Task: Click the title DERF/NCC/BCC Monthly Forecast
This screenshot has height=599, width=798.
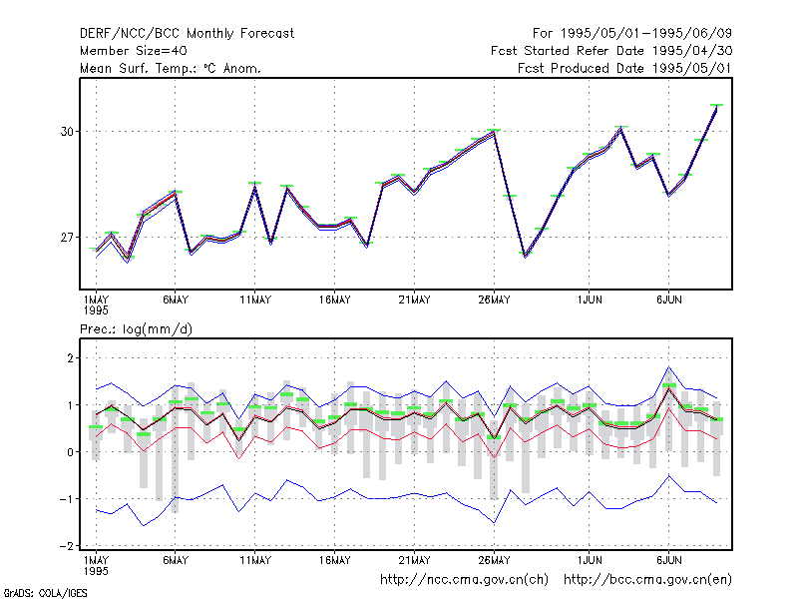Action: point(187,34)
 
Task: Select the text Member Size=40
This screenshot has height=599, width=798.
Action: point(134,51)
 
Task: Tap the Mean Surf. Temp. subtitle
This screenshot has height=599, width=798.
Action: point(170,68)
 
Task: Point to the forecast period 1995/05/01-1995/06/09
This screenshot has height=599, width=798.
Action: point(632,34)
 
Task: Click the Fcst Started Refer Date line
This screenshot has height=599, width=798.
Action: point(611,51)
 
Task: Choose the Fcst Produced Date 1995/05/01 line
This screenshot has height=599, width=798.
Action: point(625,68)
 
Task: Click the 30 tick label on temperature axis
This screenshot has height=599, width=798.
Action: point(67,132)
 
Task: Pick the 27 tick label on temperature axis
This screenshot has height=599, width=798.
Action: point(67,238)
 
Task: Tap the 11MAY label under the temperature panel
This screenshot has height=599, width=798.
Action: point(255,300)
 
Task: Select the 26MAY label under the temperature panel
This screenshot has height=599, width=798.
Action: point(494,300)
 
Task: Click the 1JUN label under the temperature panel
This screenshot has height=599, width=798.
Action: point(590,300)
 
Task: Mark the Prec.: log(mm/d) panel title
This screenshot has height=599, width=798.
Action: point(136,329)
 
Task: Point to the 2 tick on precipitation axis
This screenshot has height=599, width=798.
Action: point(70,358)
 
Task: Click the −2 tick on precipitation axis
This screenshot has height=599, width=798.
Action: point(67,546)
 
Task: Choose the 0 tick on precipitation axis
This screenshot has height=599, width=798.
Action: point(70,452)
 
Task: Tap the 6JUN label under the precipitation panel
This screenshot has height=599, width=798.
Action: point(668,560)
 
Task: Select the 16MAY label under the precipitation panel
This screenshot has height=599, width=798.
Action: point(334,560)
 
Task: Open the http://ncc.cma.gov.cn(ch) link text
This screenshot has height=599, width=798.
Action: point(464,580)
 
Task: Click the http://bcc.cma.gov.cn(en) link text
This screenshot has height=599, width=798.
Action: point(647,580)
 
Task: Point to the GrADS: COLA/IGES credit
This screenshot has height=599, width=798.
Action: point(45,593)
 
